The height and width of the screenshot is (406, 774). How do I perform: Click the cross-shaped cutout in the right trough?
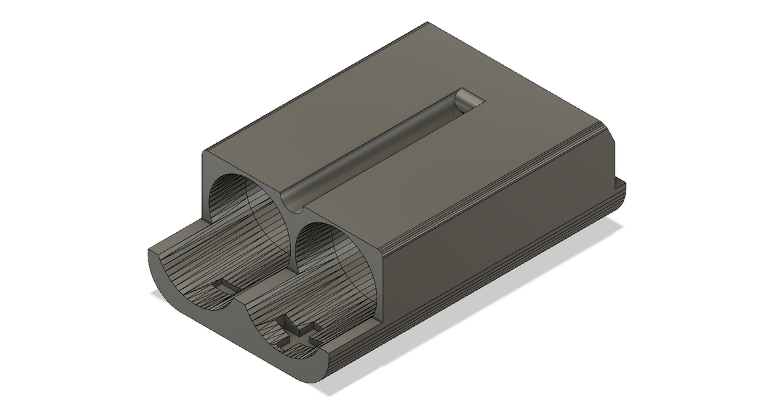click(298, 333)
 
